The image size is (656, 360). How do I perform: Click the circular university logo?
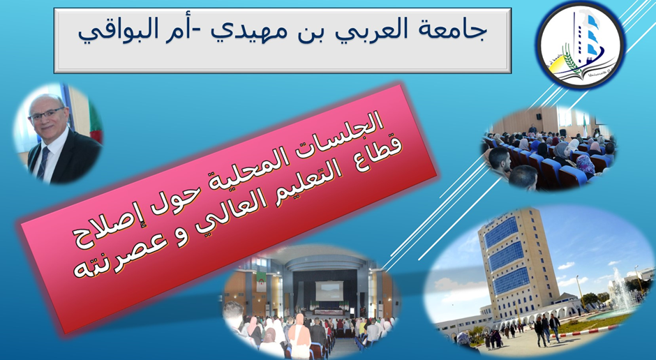581,45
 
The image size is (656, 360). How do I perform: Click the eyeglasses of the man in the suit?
46,114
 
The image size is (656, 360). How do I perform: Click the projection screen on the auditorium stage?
329,291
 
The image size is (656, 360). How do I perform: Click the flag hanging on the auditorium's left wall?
262,281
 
